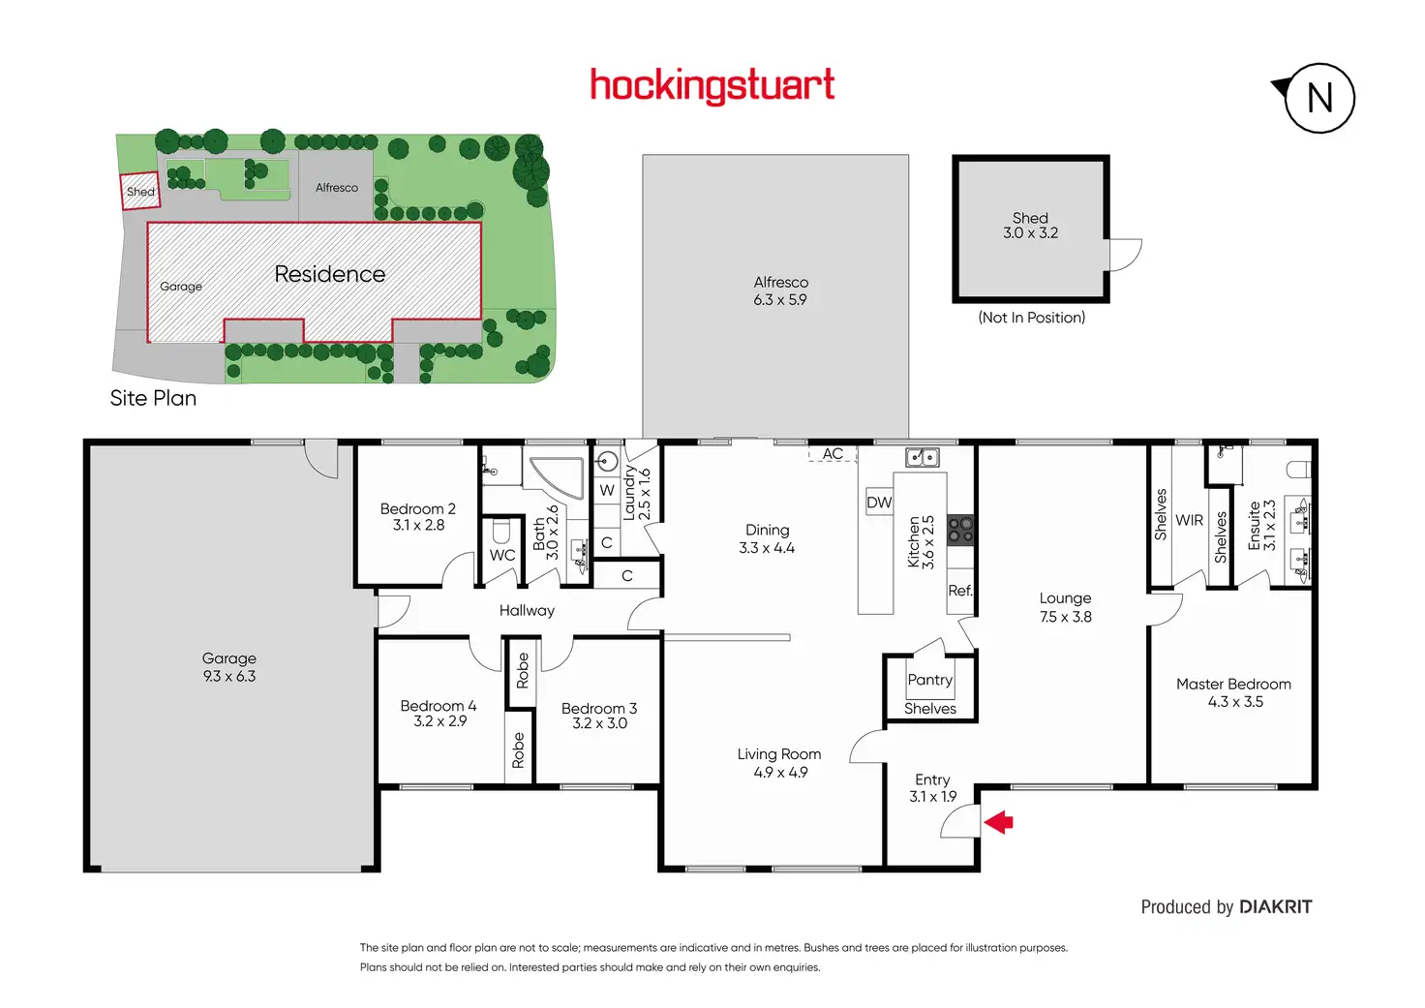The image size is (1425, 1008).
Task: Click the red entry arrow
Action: coord(998,822)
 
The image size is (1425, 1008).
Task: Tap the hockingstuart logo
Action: coord(712,86)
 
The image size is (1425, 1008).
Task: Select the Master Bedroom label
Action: coord(1233,684)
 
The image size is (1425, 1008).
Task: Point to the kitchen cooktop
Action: coord(960,530)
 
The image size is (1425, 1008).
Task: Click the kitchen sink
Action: coord(923,457)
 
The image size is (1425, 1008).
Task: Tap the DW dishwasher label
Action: coord(879,503)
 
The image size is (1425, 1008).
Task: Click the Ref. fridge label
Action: coord(960,591)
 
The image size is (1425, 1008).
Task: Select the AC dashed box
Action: coord(833,454)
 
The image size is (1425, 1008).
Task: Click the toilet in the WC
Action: coord(501,531)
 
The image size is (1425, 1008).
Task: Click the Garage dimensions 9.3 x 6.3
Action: coord(229,677)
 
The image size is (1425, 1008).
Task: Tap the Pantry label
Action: coord(930,680)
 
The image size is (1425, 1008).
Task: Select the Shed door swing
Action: coord(1126,255)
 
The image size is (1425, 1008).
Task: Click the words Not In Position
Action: coord(1032,318)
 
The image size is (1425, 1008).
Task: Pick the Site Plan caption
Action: coord(153,398)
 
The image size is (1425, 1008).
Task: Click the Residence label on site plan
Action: coord(329,274)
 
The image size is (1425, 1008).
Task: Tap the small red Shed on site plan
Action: coord(140,191)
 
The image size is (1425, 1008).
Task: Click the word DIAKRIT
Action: coord(1276,907)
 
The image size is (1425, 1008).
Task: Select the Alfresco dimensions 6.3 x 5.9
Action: coord(780,300)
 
